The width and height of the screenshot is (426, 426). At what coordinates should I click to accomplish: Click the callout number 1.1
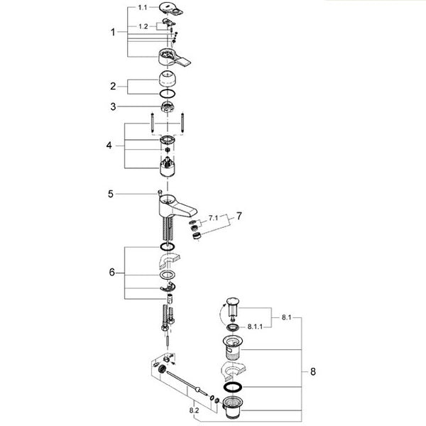pyautogui.click(x=143, y=7)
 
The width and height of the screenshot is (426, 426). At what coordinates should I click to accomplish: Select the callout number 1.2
pyautogui.click(x=143, y=26)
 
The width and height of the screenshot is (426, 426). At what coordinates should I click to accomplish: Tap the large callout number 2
pyautogui.click(x=113, y=87)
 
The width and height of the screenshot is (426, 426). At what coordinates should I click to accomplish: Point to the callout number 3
pyautogui.click(x=113, y=106)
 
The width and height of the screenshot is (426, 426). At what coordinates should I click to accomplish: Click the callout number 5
pyautogui.click(x=110, y=194)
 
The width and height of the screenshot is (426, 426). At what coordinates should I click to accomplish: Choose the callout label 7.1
pyautogui.click(x=213, y=218)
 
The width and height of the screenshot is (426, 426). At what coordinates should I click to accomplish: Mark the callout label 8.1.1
pyautogui.click(x=255, y=327)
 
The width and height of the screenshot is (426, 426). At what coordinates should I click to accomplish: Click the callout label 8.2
pyautogui.click(x=194, y=410)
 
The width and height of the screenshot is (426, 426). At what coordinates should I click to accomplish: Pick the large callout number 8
pyautogui.click(x=313, y=371)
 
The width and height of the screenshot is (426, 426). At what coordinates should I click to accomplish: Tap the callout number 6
pyautogui.click(x=112, y=272)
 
